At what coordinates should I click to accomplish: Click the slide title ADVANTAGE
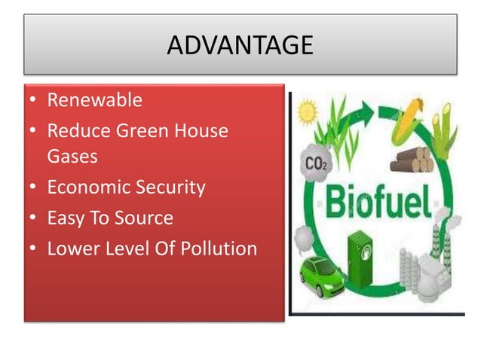tap(240, 45)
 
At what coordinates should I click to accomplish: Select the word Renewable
tap(94, 100)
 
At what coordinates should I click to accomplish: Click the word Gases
tap(72, 157)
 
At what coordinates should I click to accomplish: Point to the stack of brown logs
tap(411, 160)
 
